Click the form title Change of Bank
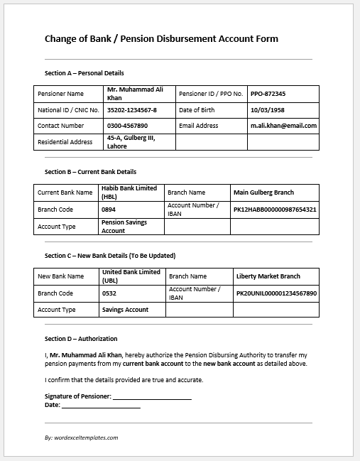pos(161,38)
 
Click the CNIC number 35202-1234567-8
pos(131,110)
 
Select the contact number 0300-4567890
pos(127,126)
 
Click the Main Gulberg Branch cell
pos(263,192)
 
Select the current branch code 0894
pos(109,210)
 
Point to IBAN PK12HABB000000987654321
pos(275,210)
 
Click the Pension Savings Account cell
pos(124,226)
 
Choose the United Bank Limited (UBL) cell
pos(131,276)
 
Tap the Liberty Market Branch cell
pos(268,276)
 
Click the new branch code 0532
pos(109,293)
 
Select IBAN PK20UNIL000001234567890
pos(276,293)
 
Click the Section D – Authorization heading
pos(81,339)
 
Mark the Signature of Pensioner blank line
pos(152,397)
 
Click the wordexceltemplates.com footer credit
pos(81,438)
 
